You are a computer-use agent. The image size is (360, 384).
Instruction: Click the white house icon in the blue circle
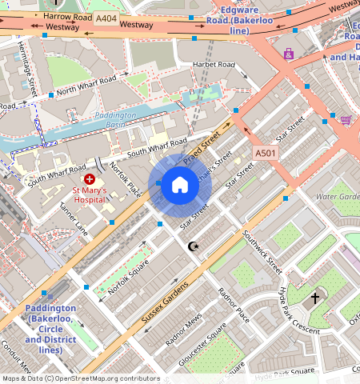tap(180, 186)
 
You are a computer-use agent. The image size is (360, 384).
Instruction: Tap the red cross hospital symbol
tap(89, 180)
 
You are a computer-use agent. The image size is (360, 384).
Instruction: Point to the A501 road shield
tap(265, 153)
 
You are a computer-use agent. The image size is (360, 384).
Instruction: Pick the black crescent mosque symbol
tap(192, 246)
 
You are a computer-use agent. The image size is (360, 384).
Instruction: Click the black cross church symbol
tap(315, 298)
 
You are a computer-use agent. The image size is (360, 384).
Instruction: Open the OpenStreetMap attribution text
tap(80, 378)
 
